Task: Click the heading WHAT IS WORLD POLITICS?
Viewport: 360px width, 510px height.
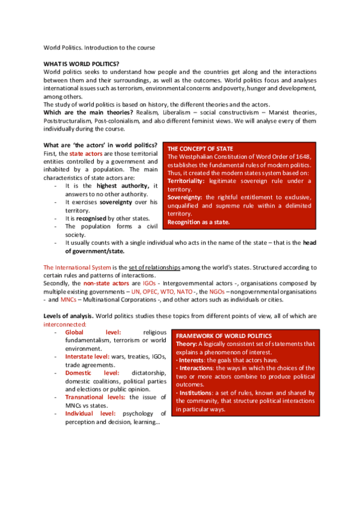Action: pos(81,63)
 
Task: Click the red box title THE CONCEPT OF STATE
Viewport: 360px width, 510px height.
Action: pos(200,149)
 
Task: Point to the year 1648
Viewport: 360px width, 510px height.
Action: pos(302,157)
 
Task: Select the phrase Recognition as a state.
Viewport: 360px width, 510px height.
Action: pos(198,222)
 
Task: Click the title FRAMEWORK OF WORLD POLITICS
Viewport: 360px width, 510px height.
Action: pos(224,336)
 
